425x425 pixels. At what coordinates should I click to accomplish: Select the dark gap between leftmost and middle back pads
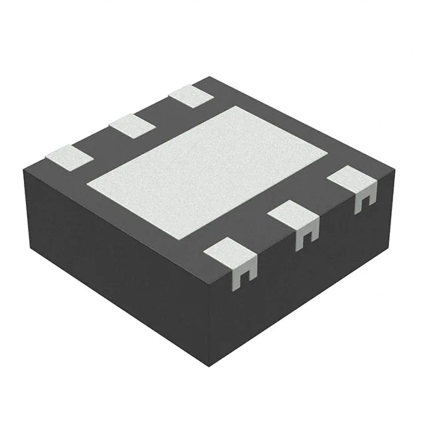100,141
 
